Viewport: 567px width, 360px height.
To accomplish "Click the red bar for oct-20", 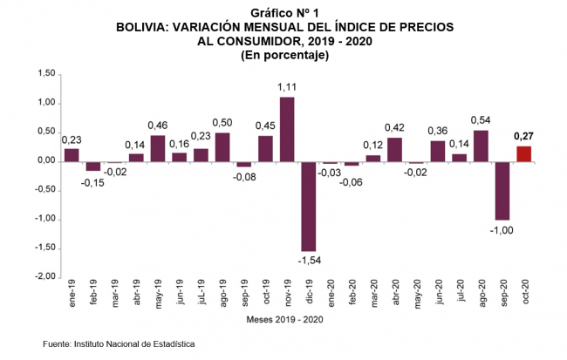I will click(x=523, y=153).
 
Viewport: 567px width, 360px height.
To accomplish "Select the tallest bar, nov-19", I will click(x=286, y=129).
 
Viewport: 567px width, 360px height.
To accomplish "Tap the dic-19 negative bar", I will click(x=308, y=206).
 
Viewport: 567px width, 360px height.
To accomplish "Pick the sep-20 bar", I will click(x=502, y=191).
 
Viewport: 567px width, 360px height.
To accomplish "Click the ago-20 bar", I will click(x=480, y=146).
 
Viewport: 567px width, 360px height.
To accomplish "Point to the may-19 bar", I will click(x=158, y=148).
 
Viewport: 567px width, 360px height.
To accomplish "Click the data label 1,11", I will click(x=286, y=88).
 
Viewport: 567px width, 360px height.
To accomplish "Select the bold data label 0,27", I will click(x=523, y=136).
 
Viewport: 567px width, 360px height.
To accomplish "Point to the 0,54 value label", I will click(x=480, y=120).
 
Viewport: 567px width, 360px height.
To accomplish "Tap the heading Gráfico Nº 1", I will click(x=283, y=13).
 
